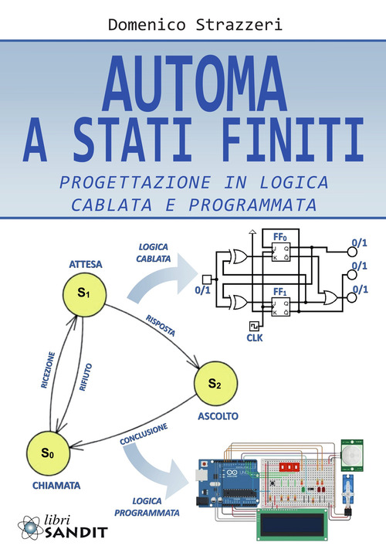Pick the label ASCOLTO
(x=217, y=416)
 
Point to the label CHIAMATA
(x=48, y=486)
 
